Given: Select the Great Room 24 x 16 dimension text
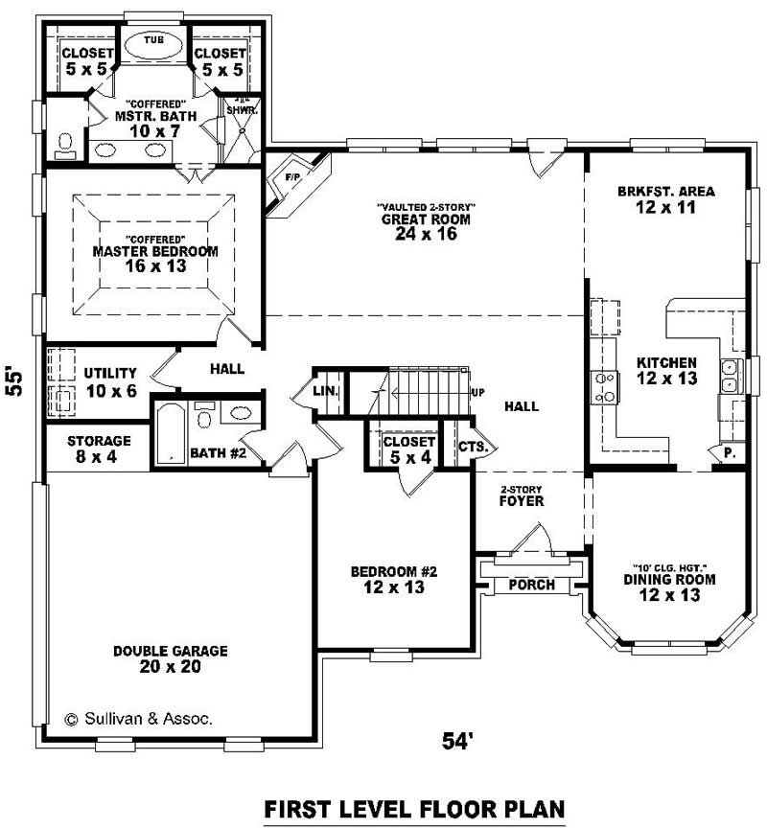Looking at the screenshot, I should click(425, 234).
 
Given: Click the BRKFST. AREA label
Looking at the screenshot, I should click(665, 191).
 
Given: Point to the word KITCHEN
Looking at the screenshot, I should click(666, 363).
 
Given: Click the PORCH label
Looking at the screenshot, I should click(531, 585).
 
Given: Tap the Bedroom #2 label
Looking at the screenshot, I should click(394, 572).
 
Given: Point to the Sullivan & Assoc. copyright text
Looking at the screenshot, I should click(139, 718).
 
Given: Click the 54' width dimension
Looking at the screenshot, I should click(459, 741).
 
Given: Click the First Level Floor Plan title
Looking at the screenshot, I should click(414, 808).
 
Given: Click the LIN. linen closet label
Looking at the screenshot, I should click(324, 391).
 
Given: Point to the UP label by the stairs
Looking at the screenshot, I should click(477, 393).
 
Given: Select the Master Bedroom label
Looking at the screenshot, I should click(154, 252).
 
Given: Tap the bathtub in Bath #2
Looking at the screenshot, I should click(170, 433).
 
